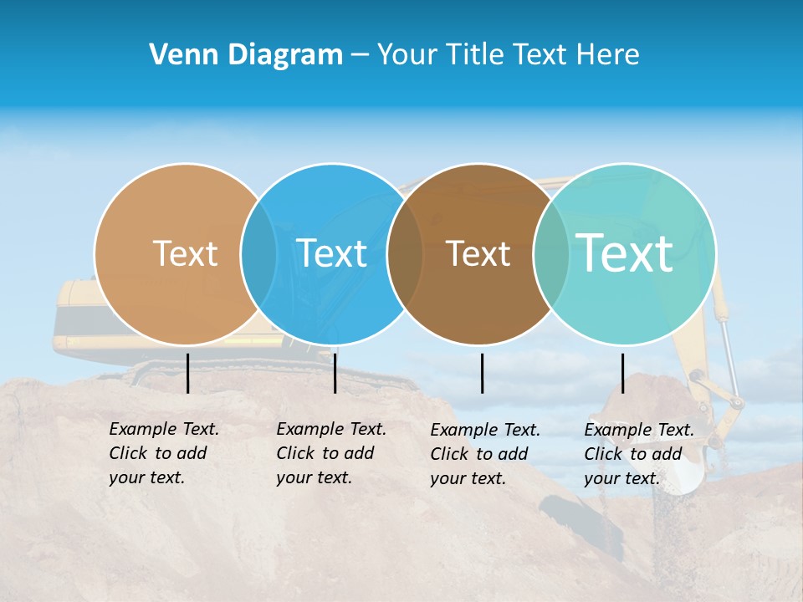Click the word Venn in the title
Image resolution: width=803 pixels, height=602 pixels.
[176, 55]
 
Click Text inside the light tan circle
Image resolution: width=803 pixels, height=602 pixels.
[185, 253]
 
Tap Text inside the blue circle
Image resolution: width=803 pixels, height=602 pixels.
[332, 253]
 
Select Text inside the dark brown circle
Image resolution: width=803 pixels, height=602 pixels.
[478, 254]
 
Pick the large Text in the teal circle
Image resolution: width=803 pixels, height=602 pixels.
[625, 253]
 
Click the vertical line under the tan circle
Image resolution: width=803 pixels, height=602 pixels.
[187, 373]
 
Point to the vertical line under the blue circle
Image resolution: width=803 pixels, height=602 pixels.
[335, 373]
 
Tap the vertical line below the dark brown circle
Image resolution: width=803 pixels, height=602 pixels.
[483, 373]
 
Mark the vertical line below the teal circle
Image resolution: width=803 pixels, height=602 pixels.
[623, 373]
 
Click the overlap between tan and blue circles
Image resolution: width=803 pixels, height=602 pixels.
[258, 254]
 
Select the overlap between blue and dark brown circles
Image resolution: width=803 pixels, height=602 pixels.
[405, 254]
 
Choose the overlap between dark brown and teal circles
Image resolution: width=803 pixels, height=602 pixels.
[551, 254]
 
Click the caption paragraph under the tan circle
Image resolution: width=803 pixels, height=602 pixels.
[164, 453]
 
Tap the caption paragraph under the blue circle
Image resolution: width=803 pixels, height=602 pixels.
[331, 453]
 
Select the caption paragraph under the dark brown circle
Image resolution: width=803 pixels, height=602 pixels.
[485, 454]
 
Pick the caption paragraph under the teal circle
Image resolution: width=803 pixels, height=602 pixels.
[639, 454]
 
